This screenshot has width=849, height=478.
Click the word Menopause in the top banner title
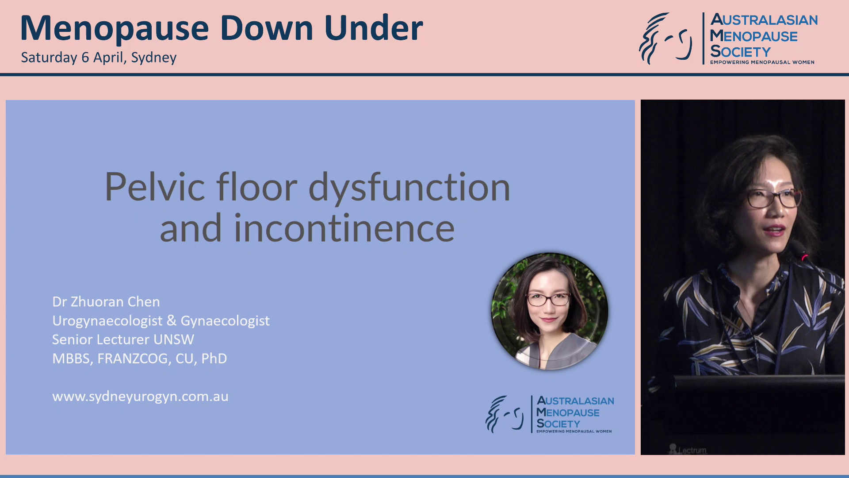click(x=115, y=28)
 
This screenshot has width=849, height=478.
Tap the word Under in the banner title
click(x=374, y=28)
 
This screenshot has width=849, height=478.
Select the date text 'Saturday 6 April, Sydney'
click(x=99, y=58)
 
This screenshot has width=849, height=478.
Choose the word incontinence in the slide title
click(x=344, y=228)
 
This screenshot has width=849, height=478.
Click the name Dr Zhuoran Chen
click(x=106, y=302)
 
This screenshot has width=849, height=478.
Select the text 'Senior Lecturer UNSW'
click(x=123, y=339)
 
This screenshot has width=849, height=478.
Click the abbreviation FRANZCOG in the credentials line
click(x=133, y=358)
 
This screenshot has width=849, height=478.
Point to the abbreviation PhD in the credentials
click(x=214, y=358)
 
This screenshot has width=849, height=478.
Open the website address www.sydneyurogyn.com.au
click(x=140, y=397)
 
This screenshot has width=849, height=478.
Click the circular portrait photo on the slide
click(x=550, y=311)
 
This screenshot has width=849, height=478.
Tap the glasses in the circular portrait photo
click(x=548, y=300)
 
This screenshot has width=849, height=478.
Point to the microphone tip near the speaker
click(x=804, y=255)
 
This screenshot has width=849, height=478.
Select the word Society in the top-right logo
click(x=740, y=52)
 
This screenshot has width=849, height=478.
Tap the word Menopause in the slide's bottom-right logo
click(x=568, y=412)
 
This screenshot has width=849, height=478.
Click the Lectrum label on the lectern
click(x=691, y=450)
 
